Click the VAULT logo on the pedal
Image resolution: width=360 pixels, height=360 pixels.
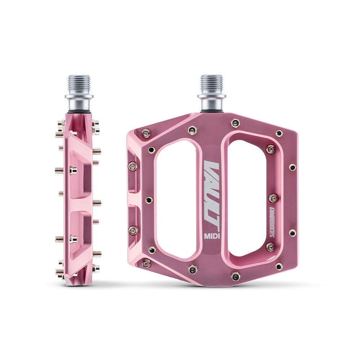[212, 194]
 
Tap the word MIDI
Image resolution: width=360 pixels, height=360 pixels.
[212, 236]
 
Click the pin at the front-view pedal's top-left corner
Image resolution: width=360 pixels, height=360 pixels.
[145, 134]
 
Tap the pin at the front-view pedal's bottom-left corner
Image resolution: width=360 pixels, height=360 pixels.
[146, 264]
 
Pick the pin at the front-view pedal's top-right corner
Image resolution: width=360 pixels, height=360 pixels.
[279, 133]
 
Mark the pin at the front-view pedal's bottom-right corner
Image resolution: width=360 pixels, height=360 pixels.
[279, 266]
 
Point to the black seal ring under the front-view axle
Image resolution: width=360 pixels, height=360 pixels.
[211, 112]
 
